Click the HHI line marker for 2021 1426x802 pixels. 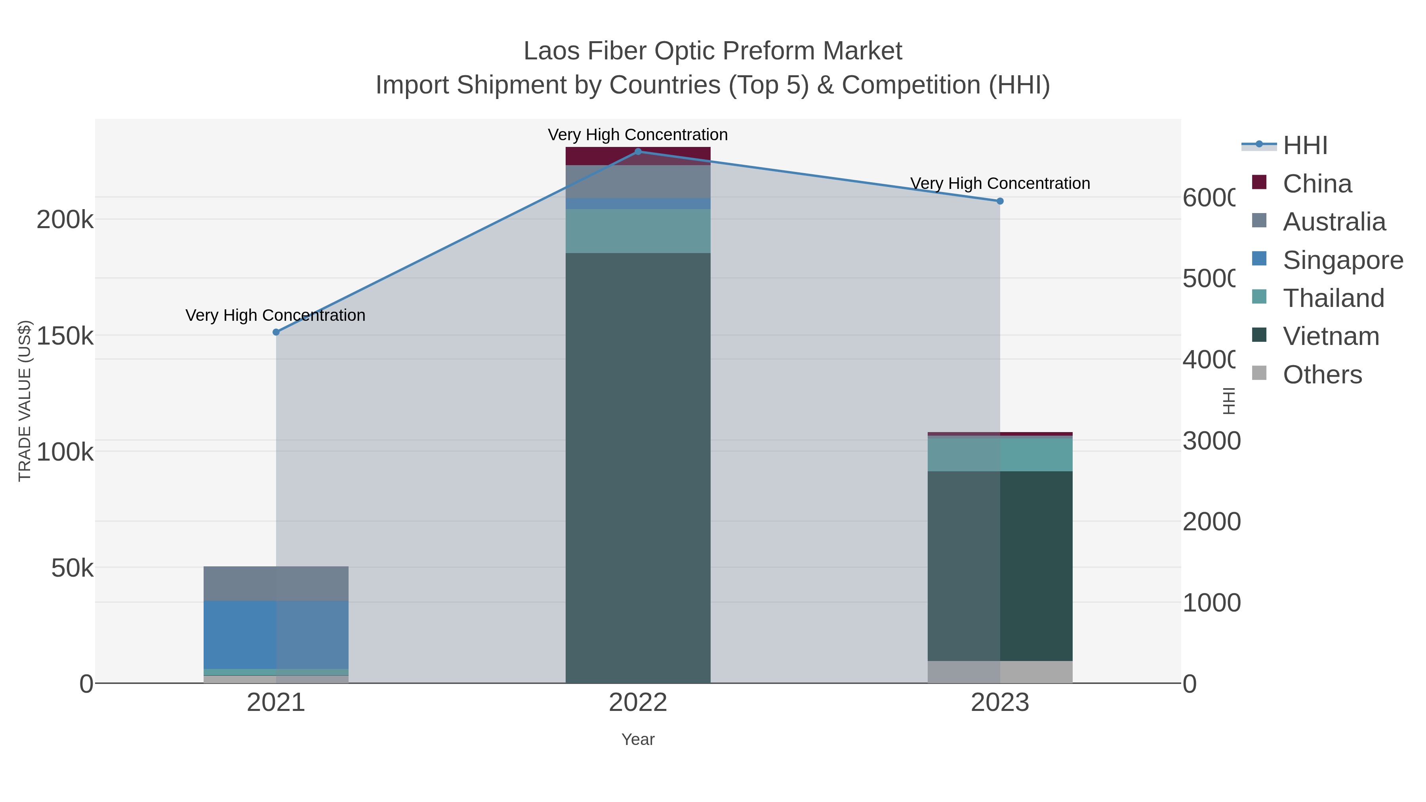[x=276, y=332]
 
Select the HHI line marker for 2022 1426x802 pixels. [x=638, y=152]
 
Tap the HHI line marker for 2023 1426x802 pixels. [x=1000, y=201]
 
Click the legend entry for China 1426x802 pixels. [x=1316, y=184]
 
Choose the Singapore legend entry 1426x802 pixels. [x=1342, y=260]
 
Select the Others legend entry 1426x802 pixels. [x=1321, y=375]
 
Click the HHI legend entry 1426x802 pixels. [x=1304, y=146]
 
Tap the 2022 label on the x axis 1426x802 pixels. [x=638, y=703]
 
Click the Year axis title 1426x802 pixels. [x=638, y=739]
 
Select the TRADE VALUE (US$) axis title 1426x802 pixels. [x=25, y=401]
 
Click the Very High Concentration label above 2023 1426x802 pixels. [x=1000, y=183]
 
